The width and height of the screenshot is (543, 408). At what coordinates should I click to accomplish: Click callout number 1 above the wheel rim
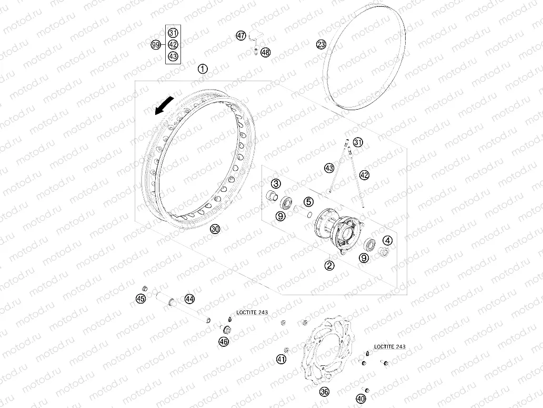coord(203,69)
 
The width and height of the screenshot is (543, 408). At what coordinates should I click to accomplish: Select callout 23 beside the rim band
coord(321,44)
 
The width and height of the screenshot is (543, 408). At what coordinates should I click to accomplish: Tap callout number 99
coord(156,45)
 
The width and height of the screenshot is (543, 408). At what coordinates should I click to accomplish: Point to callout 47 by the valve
coord(240,35)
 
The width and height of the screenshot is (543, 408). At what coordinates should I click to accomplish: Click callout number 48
coord(265,52)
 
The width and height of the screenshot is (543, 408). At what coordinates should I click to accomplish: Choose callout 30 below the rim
coord(215,229)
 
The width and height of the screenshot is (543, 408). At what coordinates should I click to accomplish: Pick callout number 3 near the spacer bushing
coord(276,183)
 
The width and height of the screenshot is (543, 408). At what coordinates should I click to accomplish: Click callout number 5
coord(308,201)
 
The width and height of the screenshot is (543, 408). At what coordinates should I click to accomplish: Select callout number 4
coord(387,240)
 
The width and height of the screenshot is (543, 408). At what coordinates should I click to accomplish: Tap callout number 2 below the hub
coord(329,266)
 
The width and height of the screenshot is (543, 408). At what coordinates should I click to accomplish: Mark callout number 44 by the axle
coord(189,299)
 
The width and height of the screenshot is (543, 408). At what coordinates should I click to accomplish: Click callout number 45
coord(140,298)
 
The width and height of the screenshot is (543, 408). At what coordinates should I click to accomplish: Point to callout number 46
coord(224,342)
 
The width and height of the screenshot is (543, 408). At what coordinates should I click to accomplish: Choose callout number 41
coord(281,359)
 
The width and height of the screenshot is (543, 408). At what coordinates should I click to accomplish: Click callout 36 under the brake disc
coord(324,392)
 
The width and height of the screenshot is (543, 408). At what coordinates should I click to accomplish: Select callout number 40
coord(361,399)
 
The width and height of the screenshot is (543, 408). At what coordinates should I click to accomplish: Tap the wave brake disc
coord(327,351)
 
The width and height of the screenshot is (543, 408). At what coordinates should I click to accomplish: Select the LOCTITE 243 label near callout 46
coord(252,312)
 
